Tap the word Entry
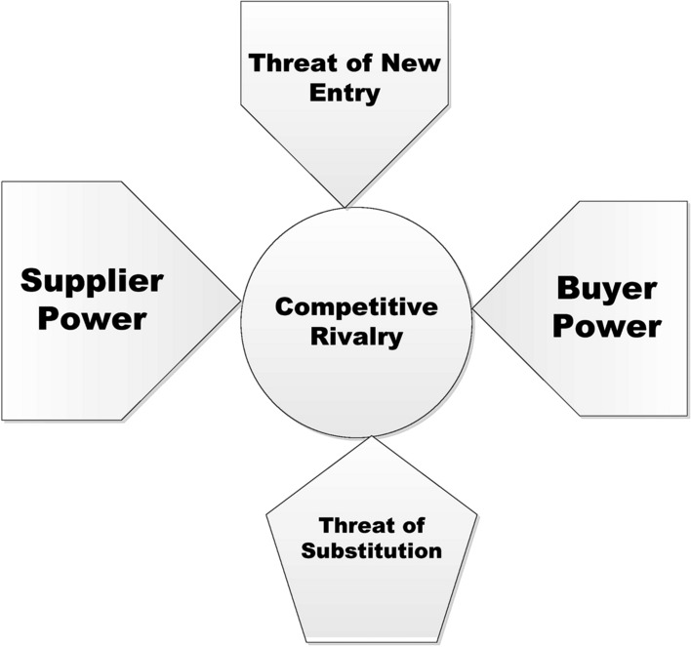click(345, 95)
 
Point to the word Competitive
click(355, 307)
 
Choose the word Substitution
click(371, 549)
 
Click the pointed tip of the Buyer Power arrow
click(474, 309)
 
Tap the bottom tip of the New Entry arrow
click(345, 206)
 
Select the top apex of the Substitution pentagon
click(370, 438)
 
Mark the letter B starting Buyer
click(568, 289)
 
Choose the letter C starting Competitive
click(283, 307)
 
